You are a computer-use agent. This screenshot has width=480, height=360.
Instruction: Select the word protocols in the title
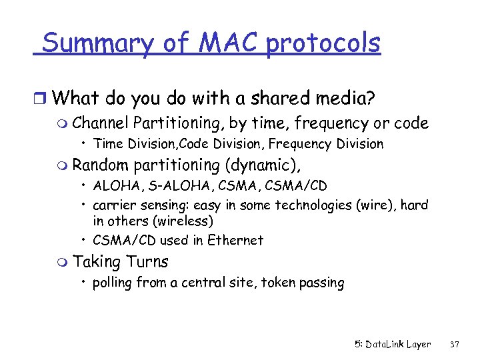[x=323, y=44]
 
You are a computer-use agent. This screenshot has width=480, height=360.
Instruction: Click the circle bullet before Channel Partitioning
[x=64, y=124]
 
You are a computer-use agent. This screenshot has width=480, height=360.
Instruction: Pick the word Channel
[x=101, y=123]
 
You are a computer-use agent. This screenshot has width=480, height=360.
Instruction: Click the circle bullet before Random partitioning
[x=64, y=165]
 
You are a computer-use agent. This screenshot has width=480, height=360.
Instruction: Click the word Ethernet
[x=236, y=240]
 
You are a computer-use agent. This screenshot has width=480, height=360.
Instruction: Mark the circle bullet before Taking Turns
[x=64, y=262]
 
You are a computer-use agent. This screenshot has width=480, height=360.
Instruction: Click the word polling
[x=113, y=283]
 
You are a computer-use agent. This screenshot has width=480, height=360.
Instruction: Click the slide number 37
[x=455, y=345]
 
